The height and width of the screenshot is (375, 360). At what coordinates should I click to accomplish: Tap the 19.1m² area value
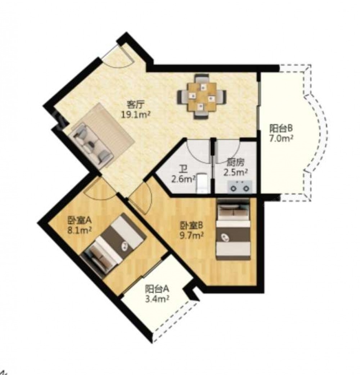(135, 115)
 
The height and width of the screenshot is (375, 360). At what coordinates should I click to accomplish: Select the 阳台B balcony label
(281, 129)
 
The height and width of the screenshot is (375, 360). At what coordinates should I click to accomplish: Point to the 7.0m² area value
(281, 139)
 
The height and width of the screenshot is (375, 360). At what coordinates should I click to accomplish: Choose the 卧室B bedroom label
(191, 226)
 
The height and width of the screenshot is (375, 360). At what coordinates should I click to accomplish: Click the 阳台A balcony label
(157, 289)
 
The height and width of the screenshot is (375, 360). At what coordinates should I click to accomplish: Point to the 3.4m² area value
(157, 299)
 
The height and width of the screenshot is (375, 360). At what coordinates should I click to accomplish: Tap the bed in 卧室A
(113, 245)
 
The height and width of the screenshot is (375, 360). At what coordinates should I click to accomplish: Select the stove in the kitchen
(239, 187)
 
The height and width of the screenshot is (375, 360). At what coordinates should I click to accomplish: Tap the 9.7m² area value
(192, 236)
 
